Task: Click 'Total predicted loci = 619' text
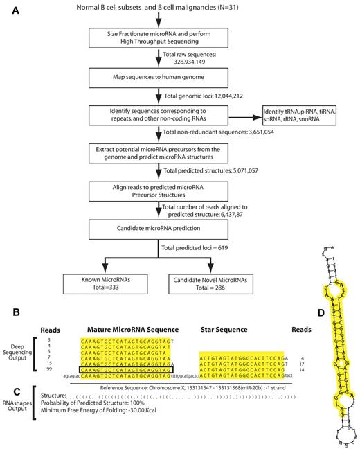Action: pos(188,247)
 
